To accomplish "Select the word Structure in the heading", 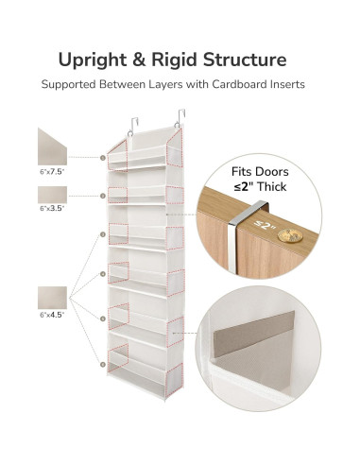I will click(248, 60).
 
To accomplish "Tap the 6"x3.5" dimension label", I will click(53, 208).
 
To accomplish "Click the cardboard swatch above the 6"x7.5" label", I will click(53, 146).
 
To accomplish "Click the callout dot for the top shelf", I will click(102, 158).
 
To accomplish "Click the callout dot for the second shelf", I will click(102, 196).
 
